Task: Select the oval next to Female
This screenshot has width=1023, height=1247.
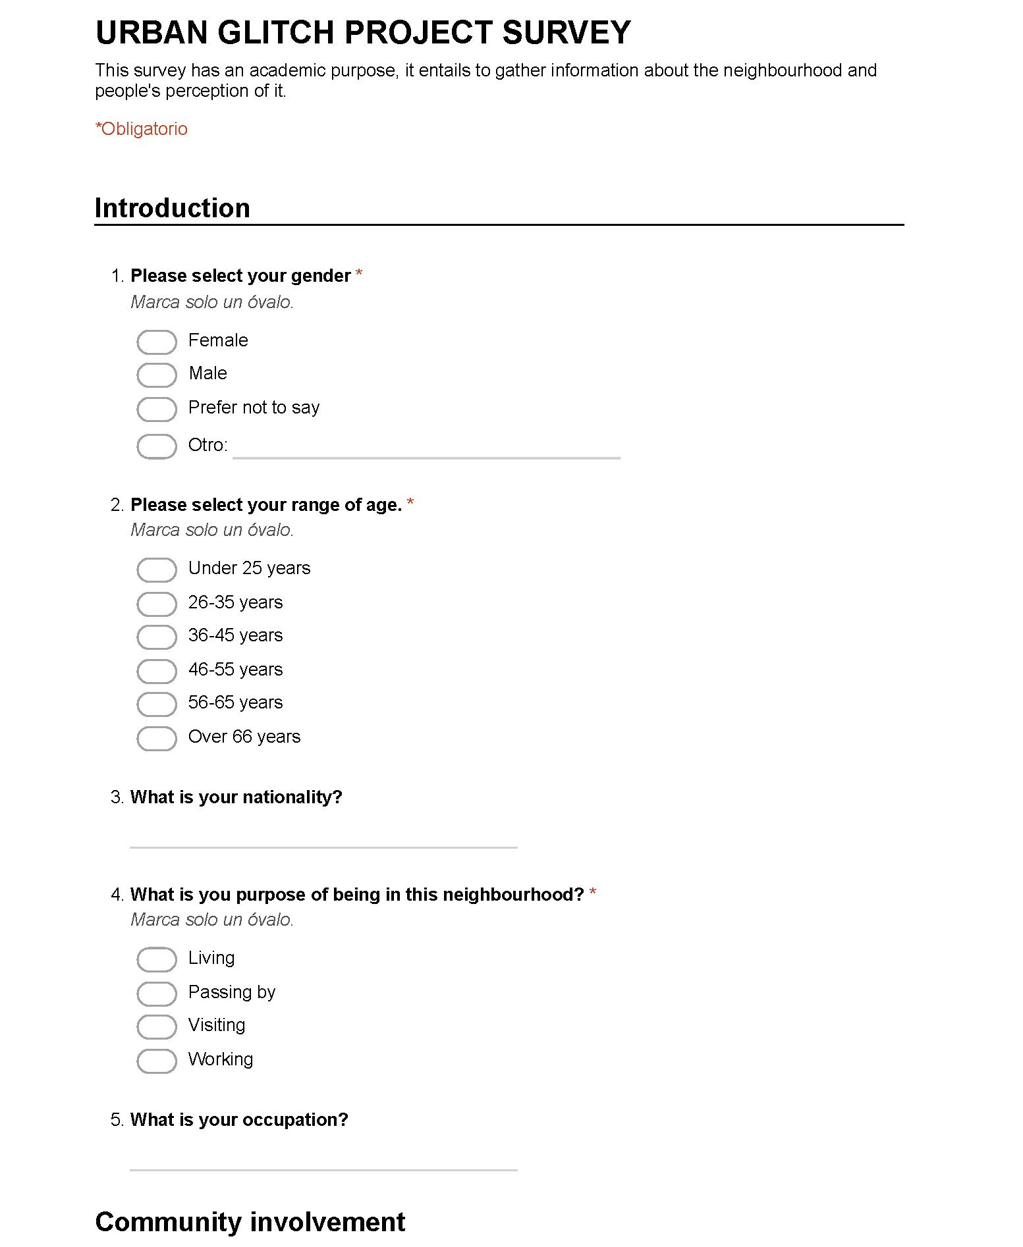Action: coord(156,342)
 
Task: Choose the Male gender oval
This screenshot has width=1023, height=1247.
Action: coord(156,375)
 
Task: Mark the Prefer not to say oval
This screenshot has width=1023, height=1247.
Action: coord(156,409)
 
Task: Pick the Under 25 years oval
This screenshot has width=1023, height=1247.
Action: coord(156,570)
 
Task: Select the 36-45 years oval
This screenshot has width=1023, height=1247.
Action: coord(156,637)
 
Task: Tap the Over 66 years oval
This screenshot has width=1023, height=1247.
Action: coord(156,738)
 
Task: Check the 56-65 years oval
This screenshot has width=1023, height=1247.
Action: coord(156,704)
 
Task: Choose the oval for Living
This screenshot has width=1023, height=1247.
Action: coord(156,959)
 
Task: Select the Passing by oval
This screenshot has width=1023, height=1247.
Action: coord(156,994)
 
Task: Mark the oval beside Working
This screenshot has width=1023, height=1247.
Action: coord(156,1061)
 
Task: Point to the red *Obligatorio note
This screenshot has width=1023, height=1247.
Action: coord(142,129)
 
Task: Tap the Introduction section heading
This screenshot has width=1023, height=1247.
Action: coord(173,208)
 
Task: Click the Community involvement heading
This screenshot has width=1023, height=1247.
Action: coord(250,1221)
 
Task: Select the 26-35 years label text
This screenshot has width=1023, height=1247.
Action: coord(235,602)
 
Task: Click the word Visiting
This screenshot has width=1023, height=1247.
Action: coord(217,1025)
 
